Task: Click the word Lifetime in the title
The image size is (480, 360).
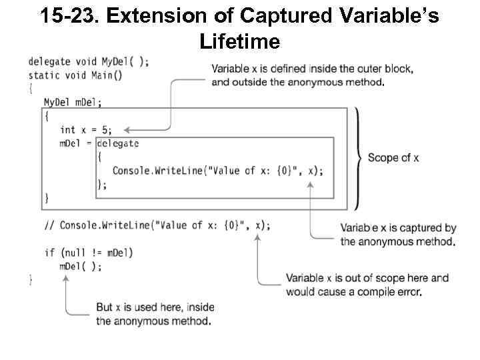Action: click(239, 43)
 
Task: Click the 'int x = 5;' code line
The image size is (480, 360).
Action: click(86, 130)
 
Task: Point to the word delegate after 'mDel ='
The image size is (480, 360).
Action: click(119, 143)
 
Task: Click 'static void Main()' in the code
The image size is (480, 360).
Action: click(75, 75)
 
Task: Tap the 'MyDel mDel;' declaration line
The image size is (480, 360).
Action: click(73, 102)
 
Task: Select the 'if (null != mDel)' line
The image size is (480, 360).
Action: click(89, 252)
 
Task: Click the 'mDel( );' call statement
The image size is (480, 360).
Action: click(81, 266)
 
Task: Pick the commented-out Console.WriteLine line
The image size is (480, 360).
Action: click(157, 225)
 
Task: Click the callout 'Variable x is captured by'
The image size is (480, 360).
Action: click(398, 228)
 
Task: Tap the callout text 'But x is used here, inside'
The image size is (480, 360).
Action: click(155, 307)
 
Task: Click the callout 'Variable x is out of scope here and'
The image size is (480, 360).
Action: click(367, 278)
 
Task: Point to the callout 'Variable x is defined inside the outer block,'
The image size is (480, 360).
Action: click(312, 69)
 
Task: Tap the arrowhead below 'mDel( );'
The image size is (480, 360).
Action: click(65, 278)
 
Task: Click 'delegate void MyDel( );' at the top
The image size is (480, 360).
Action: click(89, 61)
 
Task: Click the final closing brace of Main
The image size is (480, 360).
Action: click(31, 280)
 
